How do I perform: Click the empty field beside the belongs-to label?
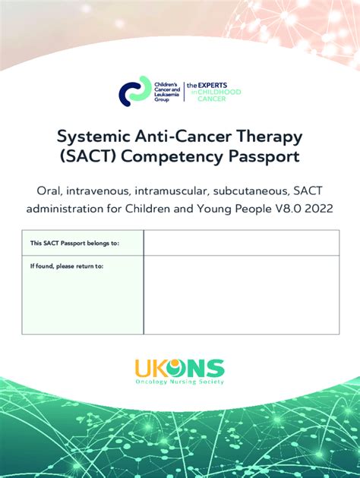241,243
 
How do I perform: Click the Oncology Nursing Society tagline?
180,382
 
